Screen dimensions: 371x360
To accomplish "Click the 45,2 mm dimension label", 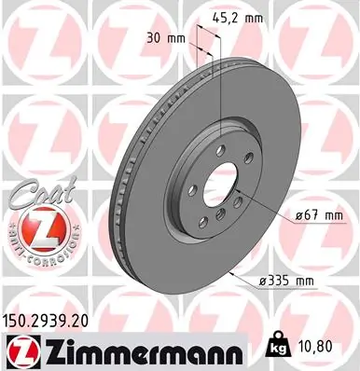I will [239, 16].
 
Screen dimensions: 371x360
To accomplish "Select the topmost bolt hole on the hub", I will [220, 144].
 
